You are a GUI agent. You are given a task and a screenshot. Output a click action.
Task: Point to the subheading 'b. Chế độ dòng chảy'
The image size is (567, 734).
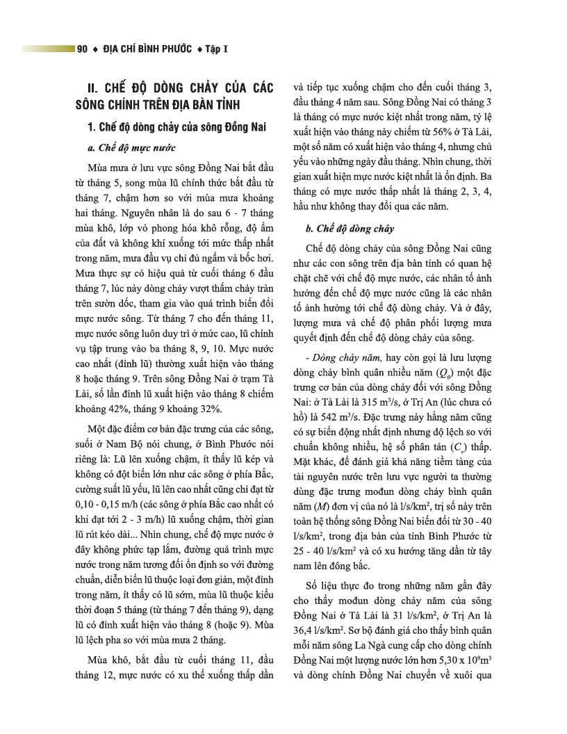350,228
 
